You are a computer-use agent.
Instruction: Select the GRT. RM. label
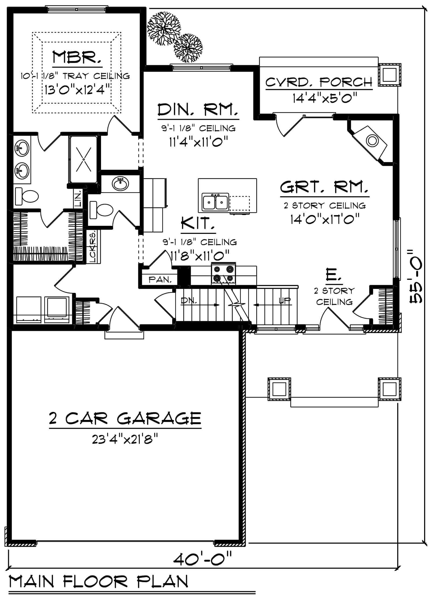tap(324, 187)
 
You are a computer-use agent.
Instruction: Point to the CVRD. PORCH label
tap(319, 82)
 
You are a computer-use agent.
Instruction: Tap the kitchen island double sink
tap(216, 202)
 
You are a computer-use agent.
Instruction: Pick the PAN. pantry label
tap(160, 280)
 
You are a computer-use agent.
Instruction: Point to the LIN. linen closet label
tap(78, 198)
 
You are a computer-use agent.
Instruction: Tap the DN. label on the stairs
tap(189, 300)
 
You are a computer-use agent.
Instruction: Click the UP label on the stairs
tap(285, 300)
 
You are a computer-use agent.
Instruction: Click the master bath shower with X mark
tap(84, 159)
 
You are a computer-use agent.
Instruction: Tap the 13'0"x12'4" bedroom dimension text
tap(78, 89)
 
